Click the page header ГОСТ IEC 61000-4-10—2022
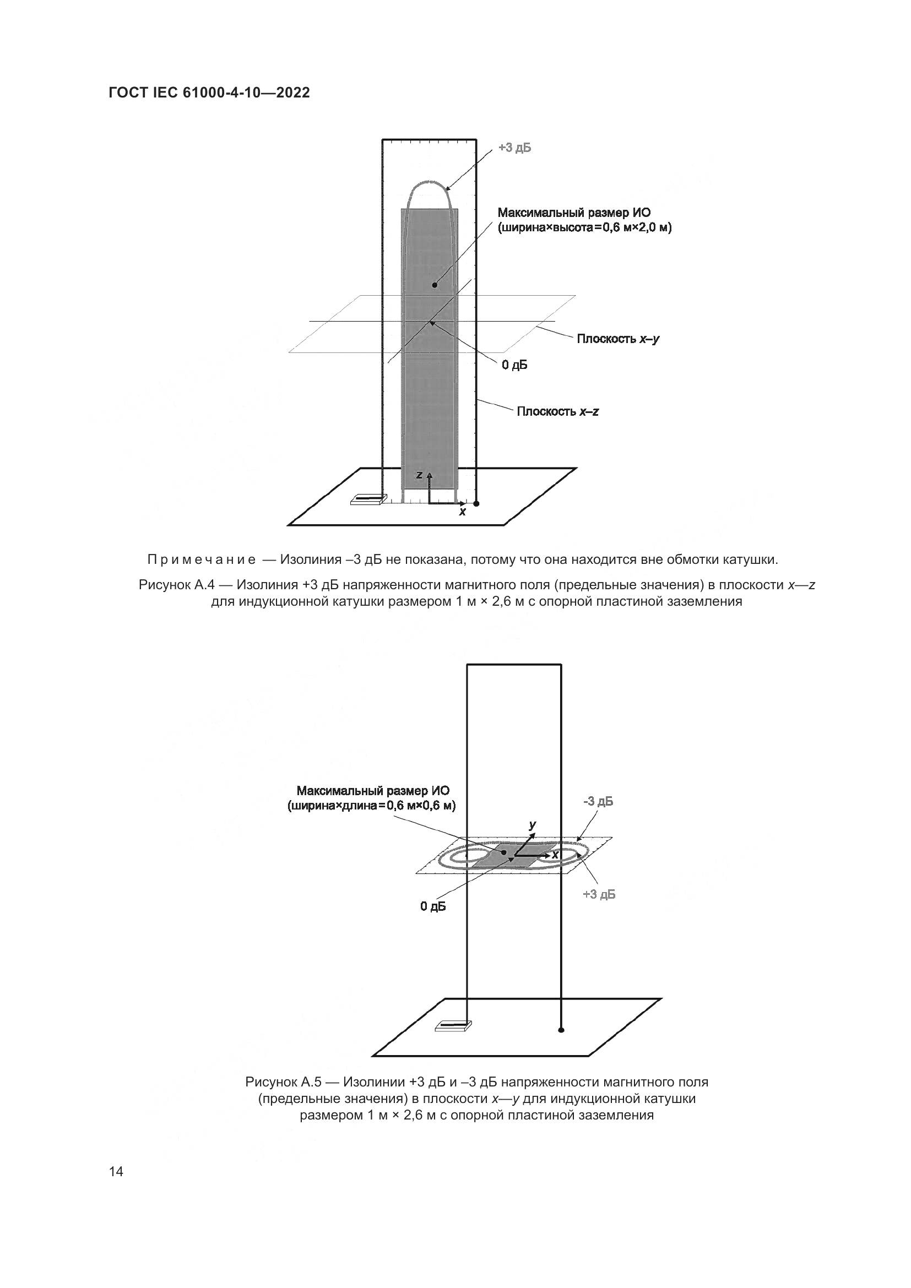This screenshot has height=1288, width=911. click(x=209, y=93)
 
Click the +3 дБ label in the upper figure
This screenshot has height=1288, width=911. click(x=514, y=148)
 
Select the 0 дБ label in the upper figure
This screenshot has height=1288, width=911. click(x=514, y=365)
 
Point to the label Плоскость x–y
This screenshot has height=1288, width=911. click(x=618, y=339)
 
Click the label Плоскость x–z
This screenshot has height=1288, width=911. click(x=557, y=411)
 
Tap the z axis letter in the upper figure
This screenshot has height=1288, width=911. click(x=419, y=475)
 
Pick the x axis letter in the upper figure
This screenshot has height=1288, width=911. click(x=462, y=512)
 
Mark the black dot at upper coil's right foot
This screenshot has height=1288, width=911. click(x=476, y=504)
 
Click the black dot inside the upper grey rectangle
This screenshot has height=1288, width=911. click(x=435, y=285)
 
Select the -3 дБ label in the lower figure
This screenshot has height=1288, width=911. click(x=598, y=802)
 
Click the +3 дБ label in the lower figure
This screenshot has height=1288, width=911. click(x=599, y=894)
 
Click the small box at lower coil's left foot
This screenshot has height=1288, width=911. click(x=453, y=1026)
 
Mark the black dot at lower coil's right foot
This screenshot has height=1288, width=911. click(x=561, y=1030)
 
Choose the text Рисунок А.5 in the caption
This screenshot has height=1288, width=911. click(x=283, y=1082)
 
